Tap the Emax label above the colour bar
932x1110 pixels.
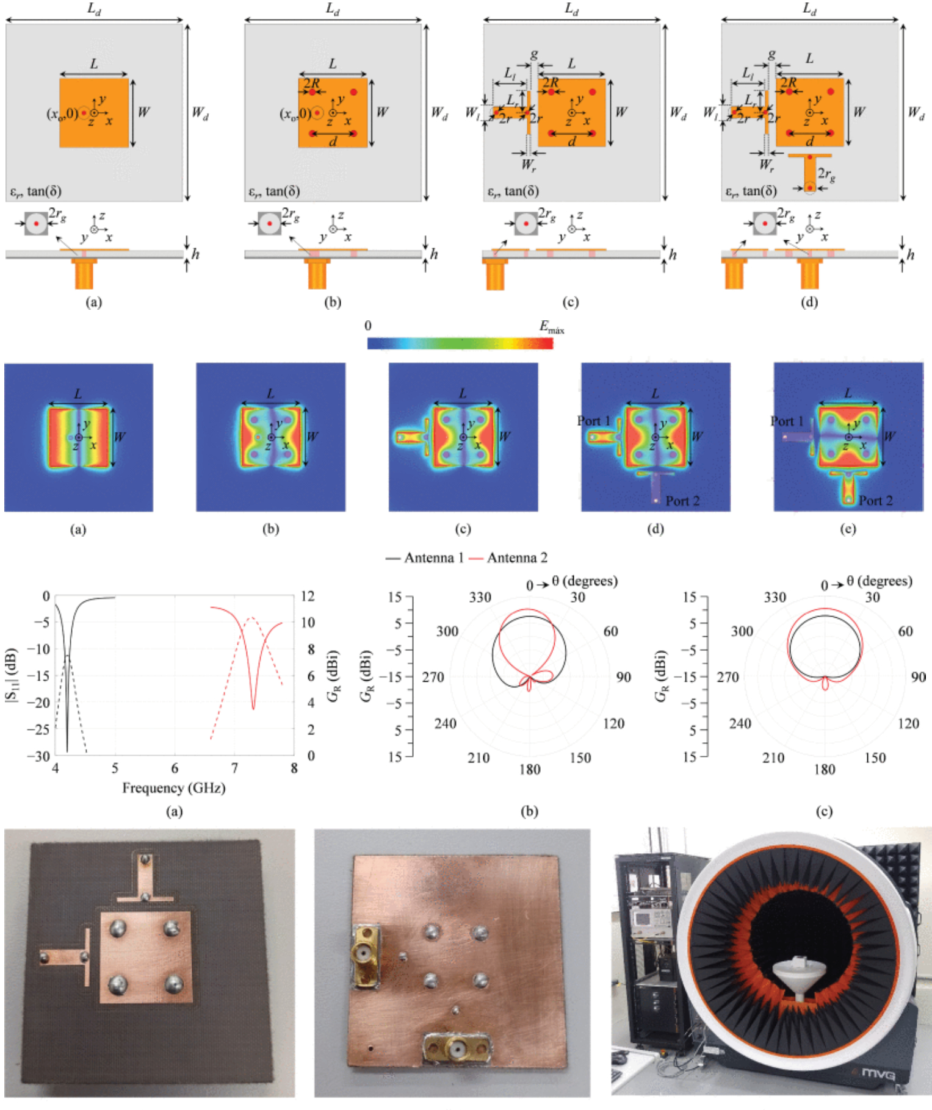coord(551,328)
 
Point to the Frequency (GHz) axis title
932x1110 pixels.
coord(173,788)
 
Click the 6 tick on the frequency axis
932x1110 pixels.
coord(175,768)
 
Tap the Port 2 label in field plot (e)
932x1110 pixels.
coord(875,501)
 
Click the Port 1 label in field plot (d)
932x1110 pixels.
coord(593,421)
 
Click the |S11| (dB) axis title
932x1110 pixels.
coord(12,676)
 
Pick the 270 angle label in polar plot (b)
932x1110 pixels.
coord(433,677)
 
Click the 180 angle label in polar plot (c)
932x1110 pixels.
coord(824,770)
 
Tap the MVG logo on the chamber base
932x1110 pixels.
coord(878,1073)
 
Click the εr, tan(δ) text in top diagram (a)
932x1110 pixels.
coord(35,192)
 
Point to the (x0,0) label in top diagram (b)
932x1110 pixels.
coord(295,114)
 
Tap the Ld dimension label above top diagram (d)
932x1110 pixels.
coord(809,9)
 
